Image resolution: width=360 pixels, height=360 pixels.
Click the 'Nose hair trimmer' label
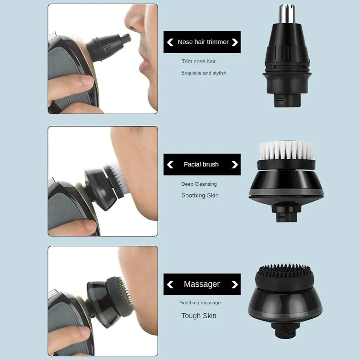coord(203,42)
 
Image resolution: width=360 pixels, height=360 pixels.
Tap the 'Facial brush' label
coord(201,164)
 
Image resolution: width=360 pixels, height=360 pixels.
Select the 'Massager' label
coord(201,284)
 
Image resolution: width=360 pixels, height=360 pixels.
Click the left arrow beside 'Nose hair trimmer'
coord(170,42)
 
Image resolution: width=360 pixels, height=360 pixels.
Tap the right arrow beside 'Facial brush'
coord(235,165)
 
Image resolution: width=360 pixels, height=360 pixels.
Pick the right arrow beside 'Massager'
coord(235,284)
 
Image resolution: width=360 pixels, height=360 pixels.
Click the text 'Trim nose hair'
coord(199,61)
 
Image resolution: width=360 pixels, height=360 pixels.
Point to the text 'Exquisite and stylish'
coord(204,73)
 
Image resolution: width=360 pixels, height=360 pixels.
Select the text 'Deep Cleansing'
coord(199,184)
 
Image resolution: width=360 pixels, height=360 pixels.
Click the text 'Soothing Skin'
coord(200,196)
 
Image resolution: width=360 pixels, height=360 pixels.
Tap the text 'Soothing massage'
coord(200,303)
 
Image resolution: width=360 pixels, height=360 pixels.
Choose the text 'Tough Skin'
coord(199,316)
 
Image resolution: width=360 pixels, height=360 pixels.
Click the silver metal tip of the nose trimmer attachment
coord(286,12)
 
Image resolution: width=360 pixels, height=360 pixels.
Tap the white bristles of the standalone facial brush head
coord(286,149)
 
